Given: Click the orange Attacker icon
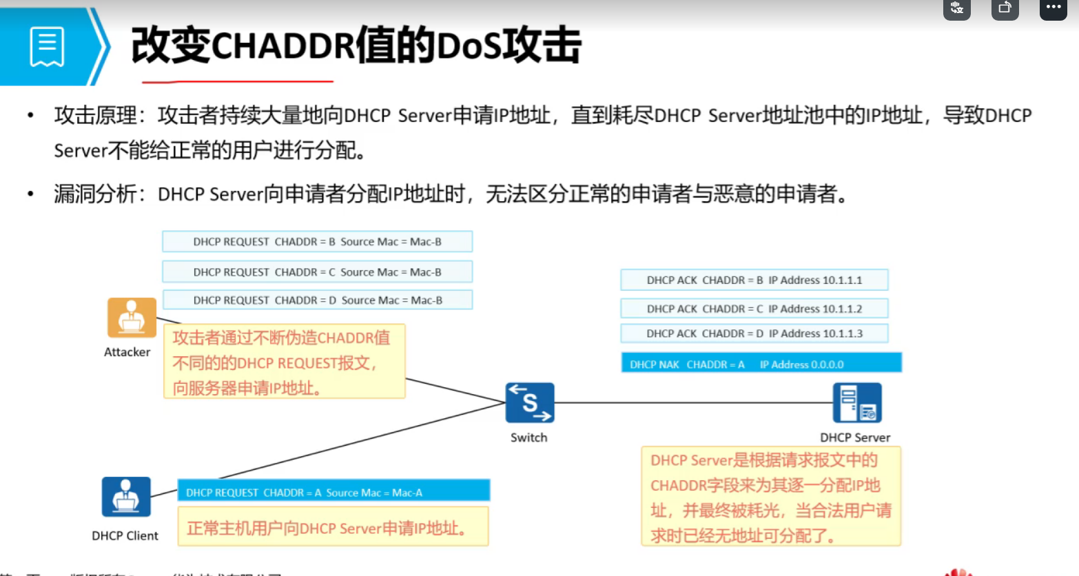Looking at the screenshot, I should [132, 318].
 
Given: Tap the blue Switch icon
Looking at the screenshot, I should [529, 403].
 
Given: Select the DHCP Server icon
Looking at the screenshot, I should [856, 403].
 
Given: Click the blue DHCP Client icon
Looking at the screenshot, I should [126, 497].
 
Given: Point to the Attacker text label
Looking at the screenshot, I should [127, 352].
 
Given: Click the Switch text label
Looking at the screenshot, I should [528, 438].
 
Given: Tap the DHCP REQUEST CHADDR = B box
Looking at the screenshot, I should [317, 242].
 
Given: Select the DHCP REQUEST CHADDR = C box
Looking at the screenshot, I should [317, 272].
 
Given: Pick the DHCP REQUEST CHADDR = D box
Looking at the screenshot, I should [317, 300].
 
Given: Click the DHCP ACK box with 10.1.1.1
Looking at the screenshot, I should [754, 280].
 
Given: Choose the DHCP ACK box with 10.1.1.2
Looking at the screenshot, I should [754, 309].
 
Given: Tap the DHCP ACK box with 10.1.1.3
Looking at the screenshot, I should [754, 333].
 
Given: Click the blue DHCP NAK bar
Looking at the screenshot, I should [761, 364].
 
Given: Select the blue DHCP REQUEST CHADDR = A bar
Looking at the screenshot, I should [333, 492].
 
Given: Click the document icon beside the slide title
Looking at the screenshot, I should [47, 47].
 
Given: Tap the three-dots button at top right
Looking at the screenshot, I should [1053, 8].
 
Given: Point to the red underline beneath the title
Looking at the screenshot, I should [237, 81].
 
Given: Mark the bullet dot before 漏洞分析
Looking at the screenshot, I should [30, 194].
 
